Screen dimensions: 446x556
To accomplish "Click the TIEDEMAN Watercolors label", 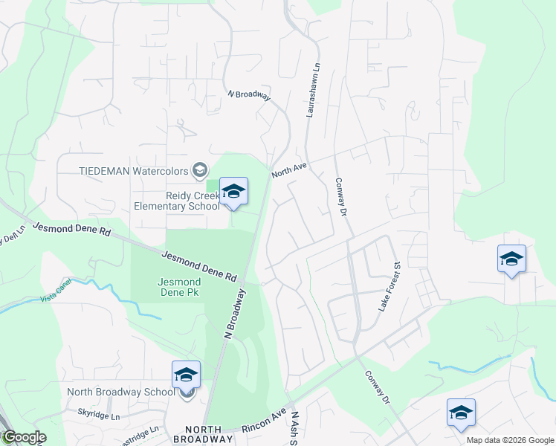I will pyautogui.click(x=133, y=170).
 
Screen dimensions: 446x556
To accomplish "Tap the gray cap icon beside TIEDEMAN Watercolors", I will pyautogui.click(x=199, y=171).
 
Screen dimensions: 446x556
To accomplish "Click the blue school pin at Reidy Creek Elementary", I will pyautogui.click(x=233, y=192).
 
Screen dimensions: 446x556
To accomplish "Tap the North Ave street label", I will pyautogui.click(x=289, y=172).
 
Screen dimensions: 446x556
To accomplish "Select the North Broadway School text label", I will pyautogui.click(x=120, y=392).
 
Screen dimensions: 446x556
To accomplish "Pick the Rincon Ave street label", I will pyautogui.click(x=264, y=421).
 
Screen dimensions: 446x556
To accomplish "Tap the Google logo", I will pyautogui.click(x=23, y=437).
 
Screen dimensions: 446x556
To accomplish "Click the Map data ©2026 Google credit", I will pyautogui.click(x=510, y=440).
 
